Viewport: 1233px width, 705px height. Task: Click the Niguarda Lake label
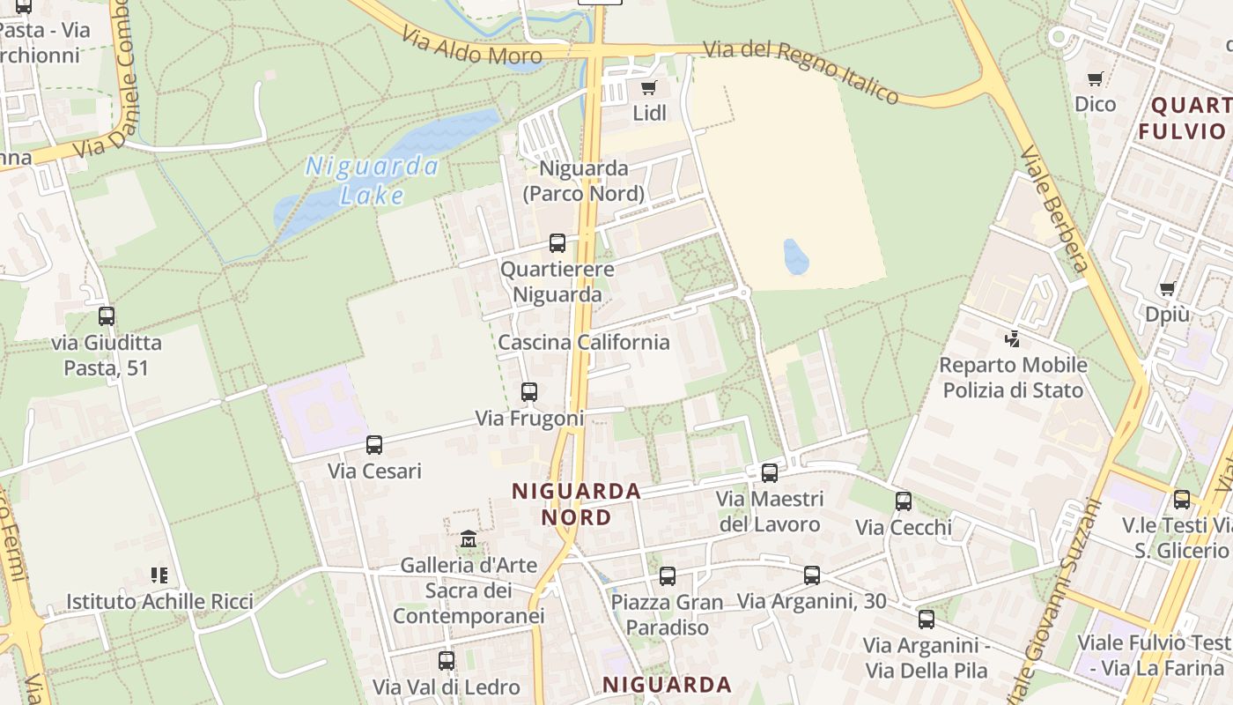[371, 180]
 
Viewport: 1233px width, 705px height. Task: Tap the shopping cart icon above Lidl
[649, 87]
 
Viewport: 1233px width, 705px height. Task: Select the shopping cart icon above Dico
[1095, 79]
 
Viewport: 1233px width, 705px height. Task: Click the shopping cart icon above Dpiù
[1168, 288]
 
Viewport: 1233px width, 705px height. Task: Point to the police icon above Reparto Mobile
[1012, 338]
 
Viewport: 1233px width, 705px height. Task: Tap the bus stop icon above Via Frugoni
[529, 392]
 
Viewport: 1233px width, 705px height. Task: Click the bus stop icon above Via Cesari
[374, 445]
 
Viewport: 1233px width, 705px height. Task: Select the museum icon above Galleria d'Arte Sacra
[469, 538]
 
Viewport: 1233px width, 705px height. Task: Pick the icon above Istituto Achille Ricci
[159, 575]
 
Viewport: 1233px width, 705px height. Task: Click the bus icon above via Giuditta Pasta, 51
[107, 316]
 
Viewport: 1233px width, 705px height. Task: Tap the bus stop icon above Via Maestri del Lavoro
[770, 473]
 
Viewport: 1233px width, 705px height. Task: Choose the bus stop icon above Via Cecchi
[904, 501]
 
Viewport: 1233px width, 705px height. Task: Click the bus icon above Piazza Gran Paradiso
[668, 576]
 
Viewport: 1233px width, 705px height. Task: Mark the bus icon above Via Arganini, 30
[812, 575]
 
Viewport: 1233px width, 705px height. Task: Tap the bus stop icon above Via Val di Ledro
[447, 660]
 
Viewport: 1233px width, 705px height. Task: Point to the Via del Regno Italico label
[801, 70]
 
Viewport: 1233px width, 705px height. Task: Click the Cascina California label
[584, 342]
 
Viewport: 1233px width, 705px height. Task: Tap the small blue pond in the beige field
[795, 256]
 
